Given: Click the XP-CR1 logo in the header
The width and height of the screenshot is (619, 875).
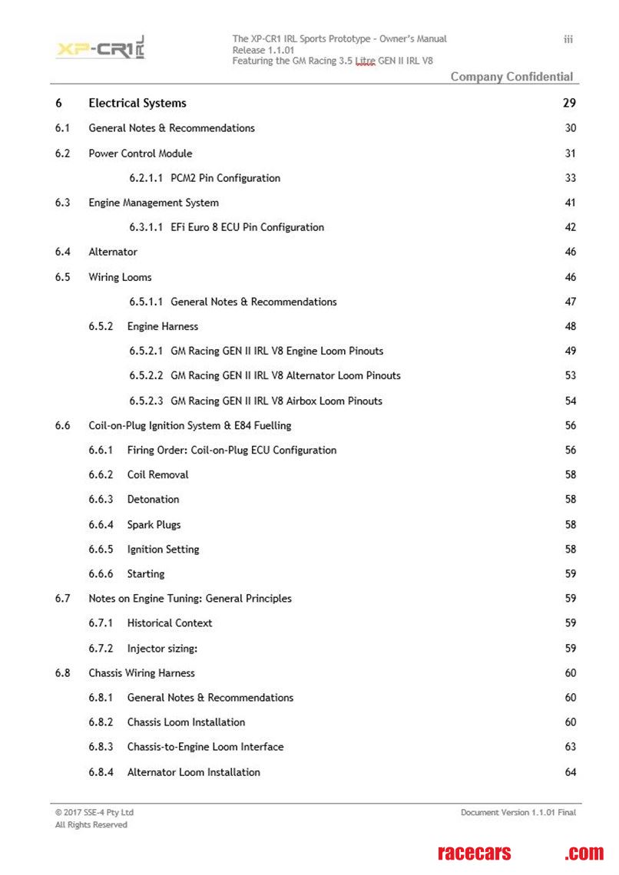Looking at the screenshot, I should tap(100, 48).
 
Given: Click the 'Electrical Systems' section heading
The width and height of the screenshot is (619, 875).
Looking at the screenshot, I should tap(137, 103).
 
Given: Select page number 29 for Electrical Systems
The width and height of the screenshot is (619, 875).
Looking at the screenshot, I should tap(569, 103).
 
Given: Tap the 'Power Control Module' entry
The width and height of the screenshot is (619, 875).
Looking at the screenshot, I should tap(141, 154).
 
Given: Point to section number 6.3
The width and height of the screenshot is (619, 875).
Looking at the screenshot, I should tap(62, 203).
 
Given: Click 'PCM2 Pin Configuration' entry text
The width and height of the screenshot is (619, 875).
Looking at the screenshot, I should tap(225, 178).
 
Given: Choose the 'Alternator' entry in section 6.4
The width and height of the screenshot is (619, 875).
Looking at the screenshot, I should tap(113, 252).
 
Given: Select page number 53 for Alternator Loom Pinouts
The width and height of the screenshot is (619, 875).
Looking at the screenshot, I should tap(571, 375).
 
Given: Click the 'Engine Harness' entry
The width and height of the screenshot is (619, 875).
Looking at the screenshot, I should tap(163, 326).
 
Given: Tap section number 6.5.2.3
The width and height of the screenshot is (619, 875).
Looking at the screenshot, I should tap(146, 401).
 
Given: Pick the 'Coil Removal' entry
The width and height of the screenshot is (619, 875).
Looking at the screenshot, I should tap(157, 474).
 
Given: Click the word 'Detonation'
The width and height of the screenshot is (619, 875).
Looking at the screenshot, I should tap(153, 499).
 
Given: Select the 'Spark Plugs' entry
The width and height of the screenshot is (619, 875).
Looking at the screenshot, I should tap(154, 525).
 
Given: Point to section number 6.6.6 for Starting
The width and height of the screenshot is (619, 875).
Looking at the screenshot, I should tap(101, 573).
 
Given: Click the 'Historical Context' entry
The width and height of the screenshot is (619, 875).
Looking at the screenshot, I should tap(170, 622).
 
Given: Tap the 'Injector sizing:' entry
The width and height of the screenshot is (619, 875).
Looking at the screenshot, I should tap(162, 649).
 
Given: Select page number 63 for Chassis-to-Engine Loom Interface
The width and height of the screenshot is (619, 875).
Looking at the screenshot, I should tap(571, 747).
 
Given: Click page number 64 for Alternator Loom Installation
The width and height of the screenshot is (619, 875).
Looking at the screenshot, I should tap(571, 772).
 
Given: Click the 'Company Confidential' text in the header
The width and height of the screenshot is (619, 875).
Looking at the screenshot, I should tap(511, 77).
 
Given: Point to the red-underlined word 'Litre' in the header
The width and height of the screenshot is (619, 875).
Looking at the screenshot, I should tap(366, 61).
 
